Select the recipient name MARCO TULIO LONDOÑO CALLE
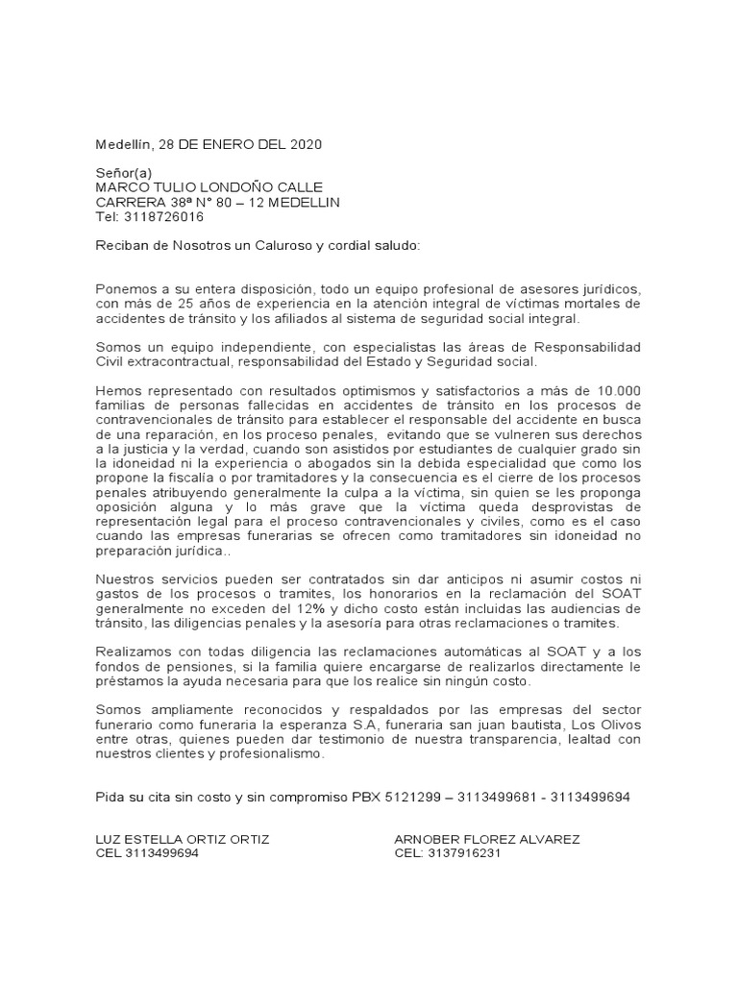(x=208, y=187)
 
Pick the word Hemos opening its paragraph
(x=116, y=390)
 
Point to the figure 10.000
(x=617, y=390)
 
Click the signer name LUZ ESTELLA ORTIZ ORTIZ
(x=183, y=839)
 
